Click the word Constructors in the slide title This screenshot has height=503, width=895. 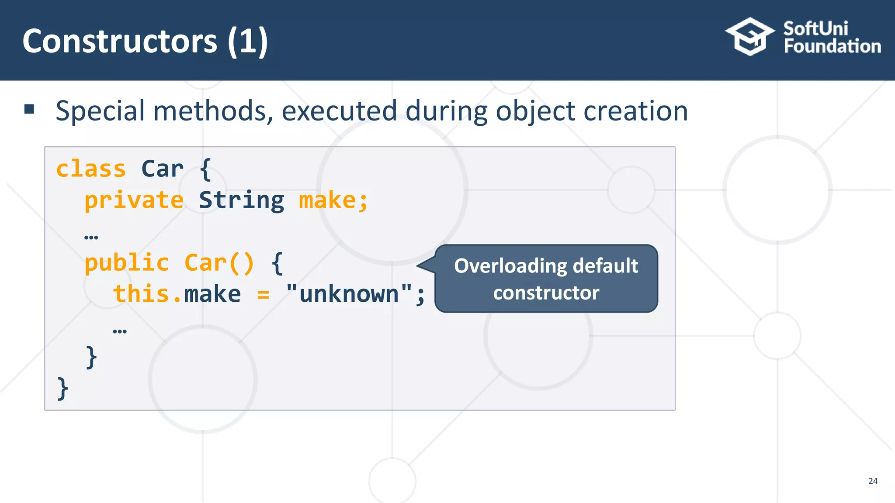click(x=119, y=41)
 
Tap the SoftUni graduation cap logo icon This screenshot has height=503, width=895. click(x=749, y=37)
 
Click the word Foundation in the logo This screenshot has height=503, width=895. click(x=832, y=46)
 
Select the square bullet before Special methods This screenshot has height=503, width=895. click(x=29, y=109)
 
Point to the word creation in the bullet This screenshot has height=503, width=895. click(x=635, y=111)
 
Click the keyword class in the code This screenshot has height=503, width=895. click(x=91, y=169)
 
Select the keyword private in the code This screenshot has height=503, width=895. click(x=134, y=200)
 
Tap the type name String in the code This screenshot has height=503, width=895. click(x=241, y=200)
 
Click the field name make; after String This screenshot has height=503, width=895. click(x=333, y=200)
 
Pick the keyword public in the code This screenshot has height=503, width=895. click(x=126, y=263)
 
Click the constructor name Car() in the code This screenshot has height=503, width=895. click(x=219, y=263)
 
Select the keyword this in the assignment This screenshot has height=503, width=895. click(x=141, y=294)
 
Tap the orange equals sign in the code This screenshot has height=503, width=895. click(x=263, y=295)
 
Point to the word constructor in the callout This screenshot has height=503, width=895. click(x=546, y=293)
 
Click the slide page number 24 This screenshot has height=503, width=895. click(x=873, y=481)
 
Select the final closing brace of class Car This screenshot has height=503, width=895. click(x=63, y=388)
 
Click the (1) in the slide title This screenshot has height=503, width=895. click(x=247, y=41)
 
